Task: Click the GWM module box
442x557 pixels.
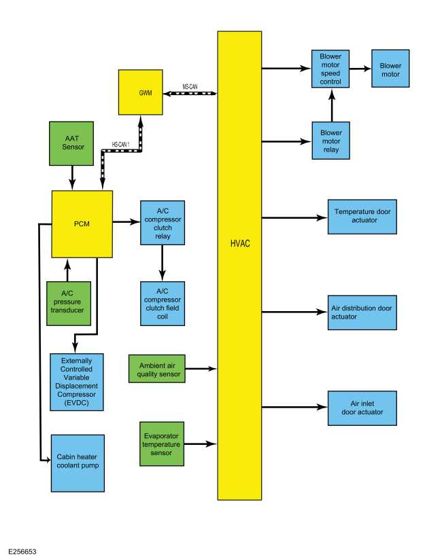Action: pyautogui.click(x=141, y=92)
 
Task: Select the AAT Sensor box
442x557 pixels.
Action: pyautogui.click(x=71, y=143)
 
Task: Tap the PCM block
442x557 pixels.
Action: pyautogui.click(x=82, y=224)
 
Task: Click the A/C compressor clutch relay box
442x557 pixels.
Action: pyautogui.click(x=163, y=223)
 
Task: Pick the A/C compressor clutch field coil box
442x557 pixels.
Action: pyautogui.click(x=163, y=304)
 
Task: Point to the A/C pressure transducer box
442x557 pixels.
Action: pyautogui.click(x=69, y=304)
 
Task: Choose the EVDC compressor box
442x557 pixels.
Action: pyautogui.click(x=77, y=382)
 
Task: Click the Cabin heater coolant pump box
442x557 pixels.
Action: pyautogui.click(x=78, y=463)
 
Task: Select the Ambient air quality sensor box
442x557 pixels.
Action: pyautogui.click(x=157, y=369)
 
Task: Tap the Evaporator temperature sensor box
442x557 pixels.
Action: pyautogui.click(x=162, y=444)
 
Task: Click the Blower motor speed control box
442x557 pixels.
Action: pyautogui.click(x=330, y=69)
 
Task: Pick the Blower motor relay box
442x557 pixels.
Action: pyautogui.click(x=330, y=141)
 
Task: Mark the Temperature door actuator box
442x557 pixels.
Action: pyautogui.click(x=362, y=217)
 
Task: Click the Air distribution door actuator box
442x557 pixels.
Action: pyautogui.click(x=362, y=312)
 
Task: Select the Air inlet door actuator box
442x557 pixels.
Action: pyautogui.click(x=362, y=408)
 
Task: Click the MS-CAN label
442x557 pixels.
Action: pyautogui.click(x=190, y=87)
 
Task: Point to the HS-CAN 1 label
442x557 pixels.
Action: pyautogui.click(x=120, y=145)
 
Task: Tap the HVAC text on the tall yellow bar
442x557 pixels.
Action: pyautogui.click(x=240, y=244)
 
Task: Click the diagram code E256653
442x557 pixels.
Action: pyautogui.click(x=22, y=552)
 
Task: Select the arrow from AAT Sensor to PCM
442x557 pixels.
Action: pyautogui.click(x=72, y=178)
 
